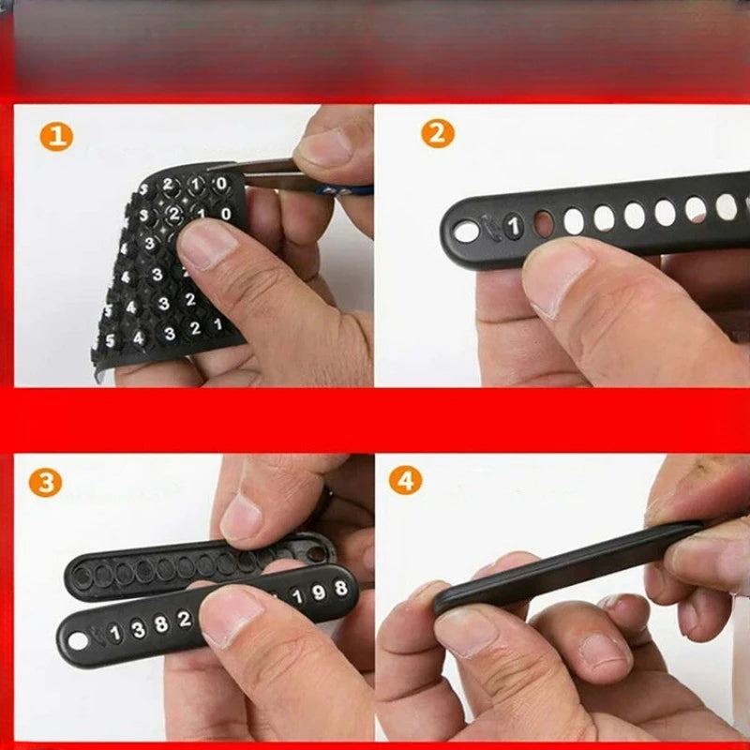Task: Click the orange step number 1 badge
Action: point(56,136)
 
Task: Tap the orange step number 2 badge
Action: point(437,133)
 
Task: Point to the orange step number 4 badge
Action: point(405,480)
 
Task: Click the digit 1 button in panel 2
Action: point(514,225)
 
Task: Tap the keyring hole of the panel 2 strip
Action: point(466,232)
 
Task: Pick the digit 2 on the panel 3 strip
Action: point(184,619)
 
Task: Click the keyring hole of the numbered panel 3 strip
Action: point(76,641)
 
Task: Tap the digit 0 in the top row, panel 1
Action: point(221,184)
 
